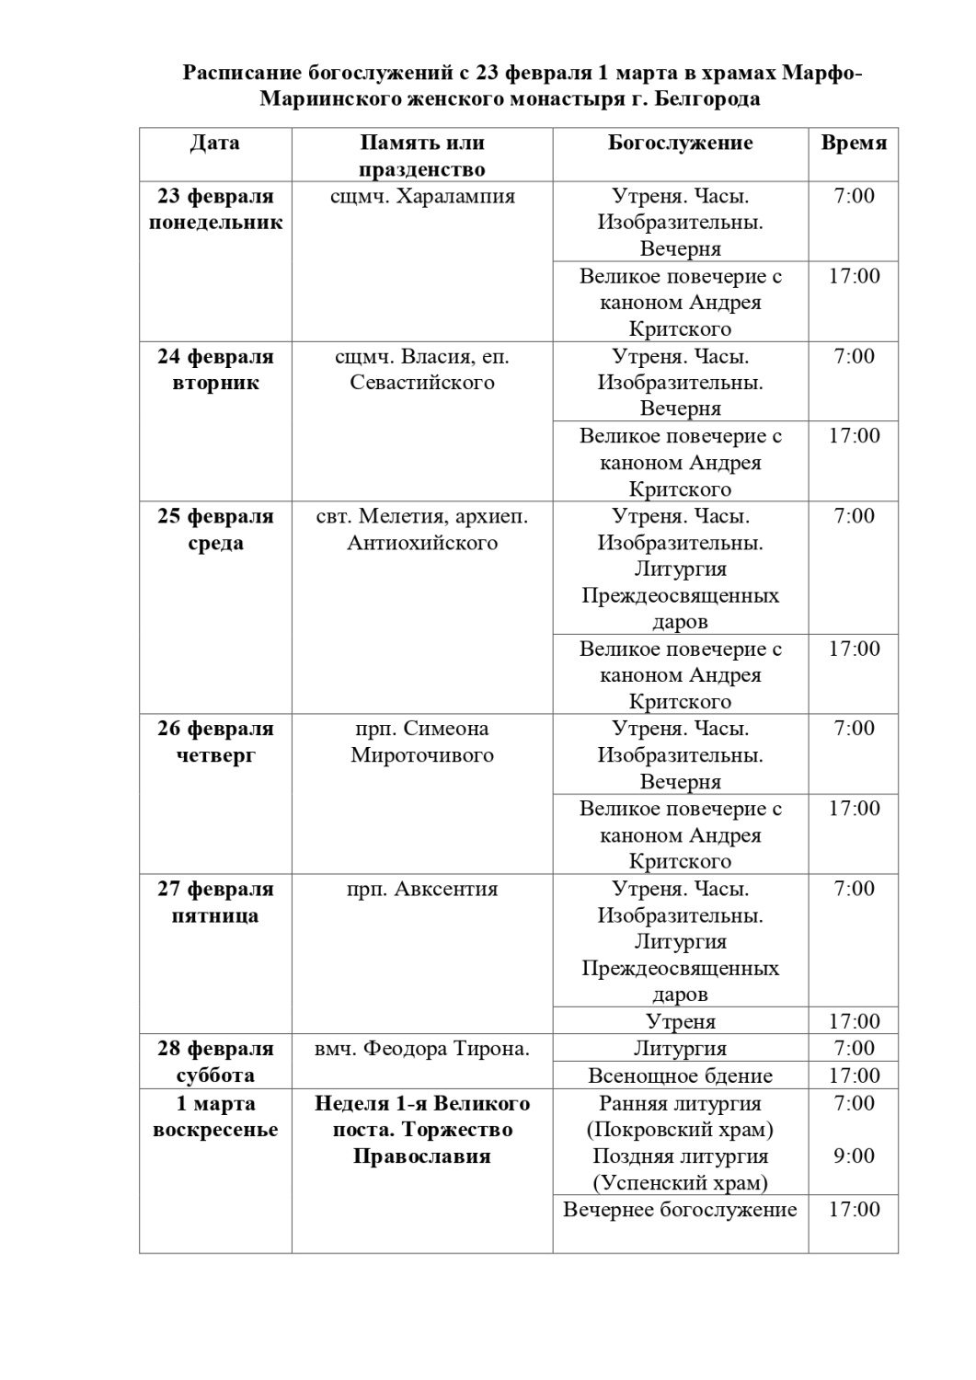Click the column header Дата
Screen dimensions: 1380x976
(215, 143)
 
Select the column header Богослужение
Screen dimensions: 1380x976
(680, 143)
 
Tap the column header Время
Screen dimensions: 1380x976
(854, 143)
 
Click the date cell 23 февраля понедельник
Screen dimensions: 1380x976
(215, 209)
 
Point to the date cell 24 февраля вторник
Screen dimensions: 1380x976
(215, 369)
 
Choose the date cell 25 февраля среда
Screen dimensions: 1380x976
(215, 529)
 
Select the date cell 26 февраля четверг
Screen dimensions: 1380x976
(215, 742)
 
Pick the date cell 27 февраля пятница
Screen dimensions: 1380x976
(215, 902)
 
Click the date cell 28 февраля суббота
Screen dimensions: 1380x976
(215, 1062)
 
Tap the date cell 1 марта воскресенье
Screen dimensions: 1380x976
(215, 1116)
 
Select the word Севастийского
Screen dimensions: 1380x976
(422, 383)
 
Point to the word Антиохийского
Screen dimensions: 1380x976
(422, 543)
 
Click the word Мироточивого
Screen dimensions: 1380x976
(422, 755)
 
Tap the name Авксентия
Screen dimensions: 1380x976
(446, 889)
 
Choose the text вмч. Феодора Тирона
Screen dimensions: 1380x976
(422, 1049)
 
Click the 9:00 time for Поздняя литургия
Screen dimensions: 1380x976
(854, 1156)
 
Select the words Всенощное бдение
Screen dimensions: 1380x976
(680, 1075)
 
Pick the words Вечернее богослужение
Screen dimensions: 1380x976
(680, 1210)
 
